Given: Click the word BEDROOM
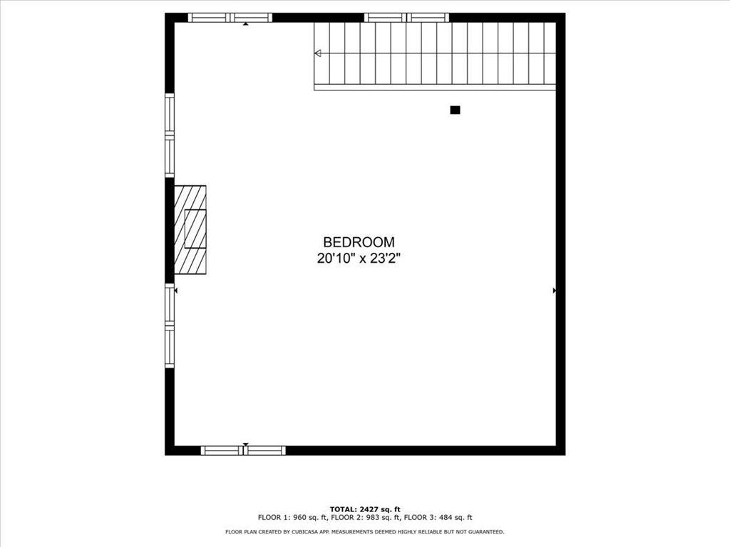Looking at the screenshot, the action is click(359, 242).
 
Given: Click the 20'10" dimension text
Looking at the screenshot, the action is click(336, 258).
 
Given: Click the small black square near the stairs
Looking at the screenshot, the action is click(456, 110).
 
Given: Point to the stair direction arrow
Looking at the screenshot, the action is click(318, 53).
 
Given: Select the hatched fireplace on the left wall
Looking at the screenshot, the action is click(190, 229).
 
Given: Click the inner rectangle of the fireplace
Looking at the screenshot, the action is click(195, 229).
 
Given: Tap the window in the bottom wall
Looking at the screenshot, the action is click(243, 450).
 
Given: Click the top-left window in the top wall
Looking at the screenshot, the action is click(230, 18).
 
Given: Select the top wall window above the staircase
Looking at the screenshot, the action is click(406, 18).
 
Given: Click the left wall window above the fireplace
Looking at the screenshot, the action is click(170, 135).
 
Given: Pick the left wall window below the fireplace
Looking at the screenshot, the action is click(170, 325).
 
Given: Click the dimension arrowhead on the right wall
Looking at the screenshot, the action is click(555, 291).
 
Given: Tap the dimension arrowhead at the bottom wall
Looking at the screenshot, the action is click(246, 444).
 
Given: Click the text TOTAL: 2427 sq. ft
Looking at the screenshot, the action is click(365, 509).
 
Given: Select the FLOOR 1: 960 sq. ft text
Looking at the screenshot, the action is click(293, 517).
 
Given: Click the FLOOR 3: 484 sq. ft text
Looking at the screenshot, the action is click(438, 517).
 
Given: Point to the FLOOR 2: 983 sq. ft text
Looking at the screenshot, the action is click(366, 517).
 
